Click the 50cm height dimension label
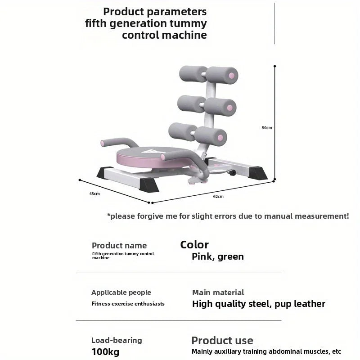tap(267, 127)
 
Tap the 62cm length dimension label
tap(218, 196)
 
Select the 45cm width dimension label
tap(94, 193)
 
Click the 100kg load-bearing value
tap(105, 352)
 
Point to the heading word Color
tap(194, 245)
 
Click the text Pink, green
tap(218, 256)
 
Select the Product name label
tap(119, 245)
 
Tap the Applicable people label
tap(121, 292)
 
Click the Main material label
tap(218, 292)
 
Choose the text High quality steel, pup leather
tap(258, 304)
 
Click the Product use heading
tap(222, 341)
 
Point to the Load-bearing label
tap(117, 340)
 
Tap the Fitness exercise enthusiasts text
tap(128, 304)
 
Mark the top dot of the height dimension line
tap(274, 66)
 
